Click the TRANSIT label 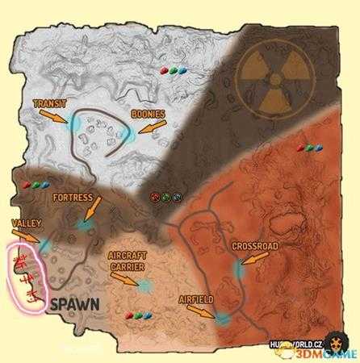pyautogui.click(x=51, y=103)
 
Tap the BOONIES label pyautogui.click(x=148, y=115)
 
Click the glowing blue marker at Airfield pyautogui.click(x=222, y=319)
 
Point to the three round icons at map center pyautogui.click(x=165, y=196)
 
